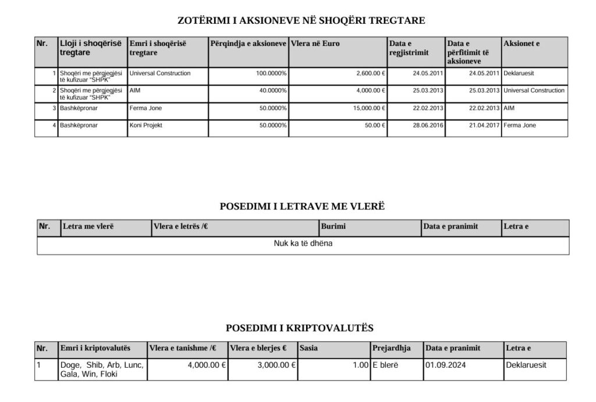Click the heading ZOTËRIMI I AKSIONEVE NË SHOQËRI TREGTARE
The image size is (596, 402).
[301, 21]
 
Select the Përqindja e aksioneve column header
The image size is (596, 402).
[248, 44]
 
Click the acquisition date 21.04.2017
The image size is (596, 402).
[484, 126]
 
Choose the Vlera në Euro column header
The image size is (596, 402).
[315, 44]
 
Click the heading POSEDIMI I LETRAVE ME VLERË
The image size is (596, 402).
[302, 207]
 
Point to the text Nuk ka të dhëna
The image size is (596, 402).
[303, 244]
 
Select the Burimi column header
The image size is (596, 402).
[333, 226]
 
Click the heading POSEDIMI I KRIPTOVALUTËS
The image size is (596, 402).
[299, 328]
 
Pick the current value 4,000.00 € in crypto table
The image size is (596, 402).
[207, 365]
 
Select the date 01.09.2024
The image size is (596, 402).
[446, 365]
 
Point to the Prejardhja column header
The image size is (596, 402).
[392, 348]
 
